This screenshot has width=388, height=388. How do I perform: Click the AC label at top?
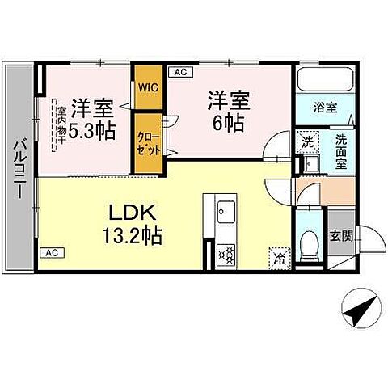pos(179,72)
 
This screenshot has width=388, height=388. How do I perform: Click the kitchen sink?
pos(224,213)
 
